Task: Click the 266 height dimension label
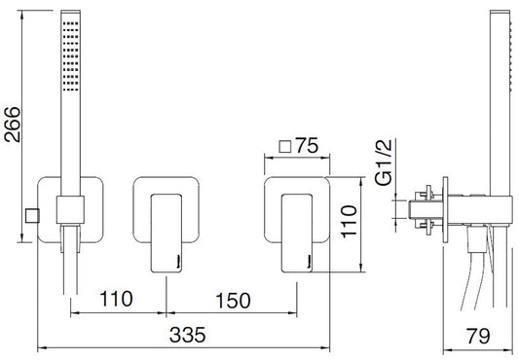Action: [13, 125]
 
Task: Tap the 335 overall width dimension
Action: [187, 335]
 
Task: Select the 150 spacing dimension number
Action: [233, 301]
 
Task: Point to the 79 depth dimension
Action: [478, 336]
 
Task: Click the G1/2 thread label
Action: [384, 162]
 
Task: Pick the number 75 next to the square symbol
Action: [307, 145]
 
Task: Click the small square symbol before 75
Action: [285, 147]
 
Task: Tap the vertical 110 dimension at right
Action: [349, 221]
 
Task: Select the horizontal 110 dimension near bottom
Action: [116, 299]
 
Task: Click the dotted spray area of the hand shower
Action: [70, 56]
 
